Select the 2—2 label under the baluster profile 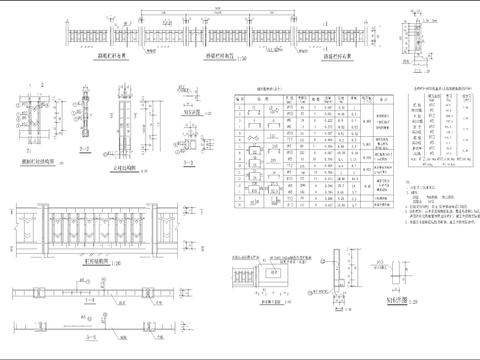pyautogui.click(x=86, y=156)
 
